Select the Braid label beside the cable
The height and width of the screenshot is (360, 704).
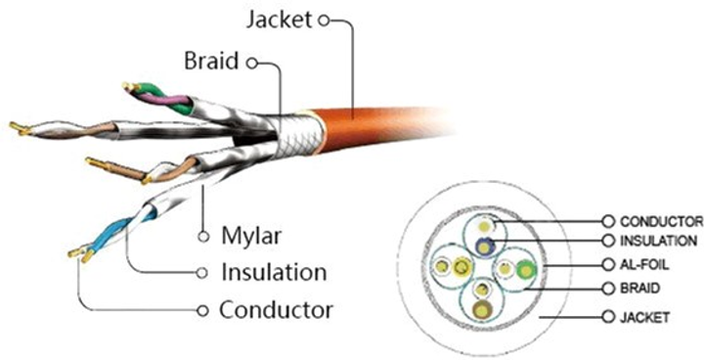(x=212, y=63)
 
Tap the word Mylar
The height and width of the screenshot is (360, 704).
(x=251, y=237)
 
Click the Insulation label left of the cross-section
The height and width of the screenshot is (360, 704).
(x=273, y=272)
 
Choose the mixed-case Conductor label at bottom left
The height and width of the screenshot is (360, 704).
(x=276, y=311)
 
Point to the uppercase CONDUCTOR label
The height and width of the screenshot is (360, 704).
(x=662, y=221)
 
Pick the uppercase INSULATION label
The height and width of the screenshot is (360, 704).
(x=658, y=241)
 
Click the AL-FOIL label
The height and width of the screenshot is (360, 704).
(x=644, y=265)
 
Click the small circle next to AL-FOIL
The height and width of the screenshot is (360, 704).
(x=609, y=265)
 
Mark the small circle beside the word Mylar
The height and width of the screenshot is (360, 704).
(x=203, y=237)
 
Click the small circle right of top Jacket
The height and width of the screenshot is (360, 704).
(x=339, y=19)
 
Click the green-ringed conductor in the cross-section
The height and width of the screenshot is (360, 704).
(x=528, y=269)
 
